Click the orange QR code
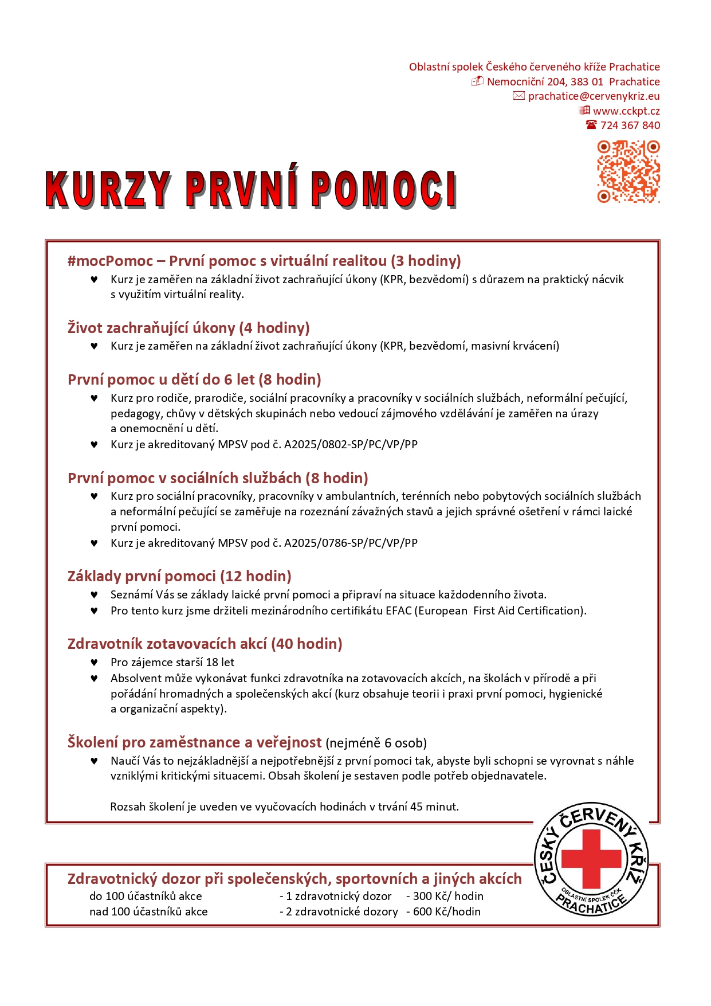[628, 171]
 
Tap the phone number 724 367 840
[630, 126]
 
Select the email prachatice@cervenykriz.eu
[594, 96]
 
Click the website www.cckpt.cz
[626, 111]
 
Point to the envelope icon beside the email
[518, 96]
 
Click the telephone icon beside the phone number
[591, 125]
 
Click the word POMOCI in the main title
[384, 189]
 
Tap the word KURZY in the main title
[108, 189]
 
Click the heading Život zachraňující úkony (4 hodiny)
[188, 328]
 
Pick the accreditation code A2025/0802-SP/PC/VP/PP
[351, 445]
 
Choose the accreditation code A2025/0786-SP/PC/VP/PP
[351, 543]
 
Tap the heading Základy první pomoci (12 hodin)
[179, 577]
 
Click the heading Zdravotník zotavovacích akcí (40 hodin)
[205, 644]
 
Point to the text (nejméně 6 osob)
[376, 743]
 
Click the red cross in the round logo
[591, 858]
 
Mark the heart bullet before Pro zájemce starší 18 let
[94, 663]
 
